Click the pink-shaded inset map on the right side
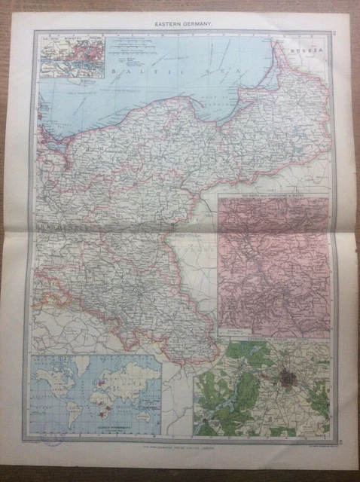pyautogui.click(x=273, y=267)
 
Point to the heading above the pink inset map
pyautogui.click(x=273, y=200)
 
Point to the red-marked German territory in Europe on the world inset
pyautogui.click(x=97, y=375)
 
